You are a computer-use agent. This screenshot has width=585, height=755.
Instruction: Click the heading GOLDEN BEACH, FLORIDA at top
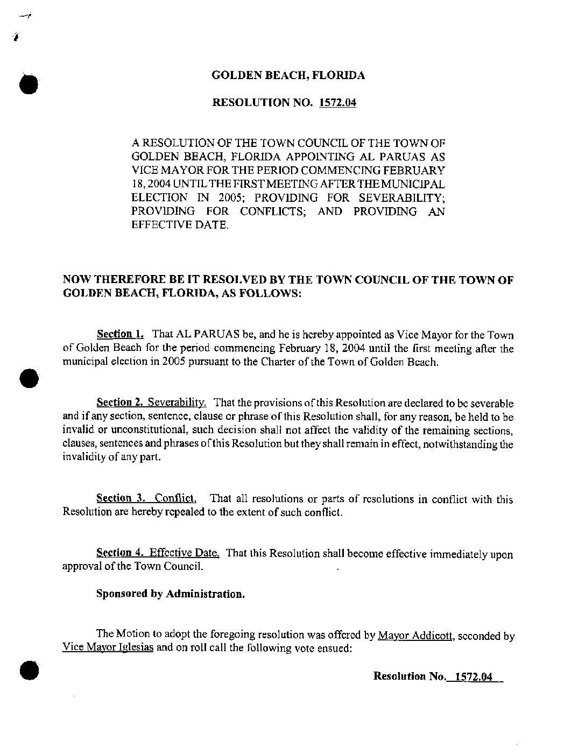(288, 75)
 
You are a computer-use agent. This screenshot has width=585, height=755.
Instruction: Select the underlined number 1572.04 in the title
(337, 102)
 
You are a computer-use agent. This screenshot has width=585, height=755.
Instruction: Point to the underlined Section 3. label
(114, 498)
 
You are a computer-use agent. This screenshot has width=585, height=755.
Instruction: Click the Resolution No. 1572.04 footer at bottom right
(438, 677)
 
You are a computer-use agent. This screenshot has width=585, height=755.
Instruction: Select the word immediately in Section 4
(459, 554)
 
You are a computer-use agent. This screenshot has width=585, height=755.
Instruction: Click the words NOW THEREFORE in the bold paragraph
(108, 280)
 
